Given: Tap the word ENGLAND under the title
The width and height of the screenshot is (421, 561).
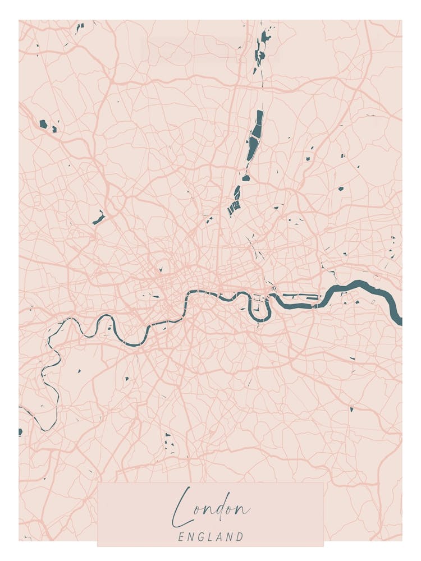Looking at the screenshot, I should pyautogui.click(x=210, y=537).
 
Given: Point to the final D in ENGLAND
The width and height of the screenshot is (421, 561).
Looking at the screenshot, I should pyautogui.click(x=240, y=537).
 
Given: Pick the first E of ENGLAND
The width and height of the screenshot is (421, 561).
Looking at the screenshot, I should pyautogui.click(x=181, y=537).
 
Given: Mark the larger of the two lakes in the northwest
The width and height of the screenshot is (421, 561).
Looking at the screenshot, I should pyautogui.click(x=43, y=123).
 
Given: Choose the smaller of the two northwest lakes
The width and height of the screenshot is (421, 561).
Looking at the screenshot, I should pyautogui.click(x=54, y=130).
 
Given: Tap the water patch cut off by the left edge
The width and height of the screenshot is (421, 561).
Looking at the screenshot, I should pyautogui.click(x=20, y=432).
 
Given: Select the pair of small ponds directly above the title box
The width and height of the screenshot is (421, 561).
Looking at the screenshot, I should pyautogui.click(x=168, y=441).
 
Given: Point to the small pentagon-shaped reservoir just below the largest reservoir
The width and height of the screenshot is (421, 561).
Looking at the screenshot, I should pyautogui.click(x=245, y=178).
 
